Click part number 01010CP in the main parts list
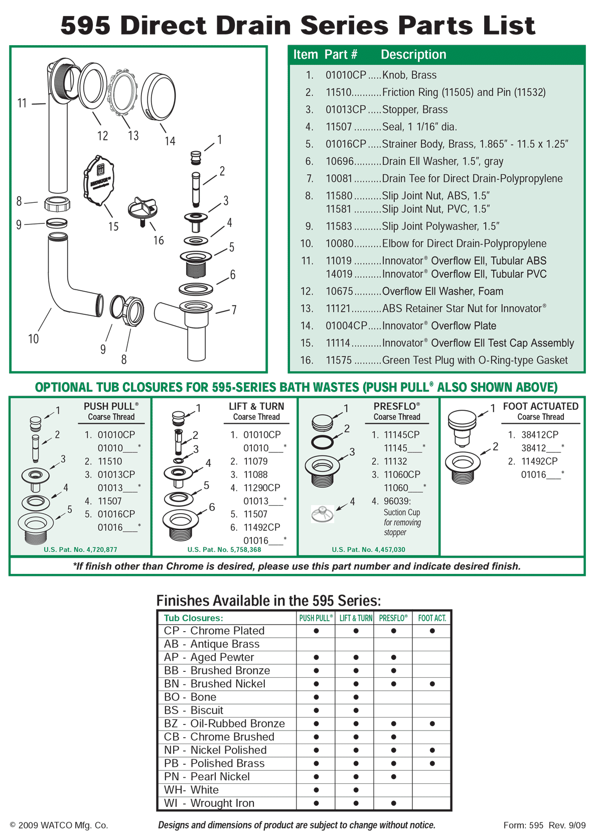[x=346, y=75]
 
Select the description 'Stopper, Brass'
[x=414, y=110]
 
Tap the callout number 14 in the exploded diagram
[x=170, y=141]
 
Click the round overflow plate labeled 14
[x=159, y=97]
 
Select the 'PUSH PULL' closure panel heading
[x=111, y=406]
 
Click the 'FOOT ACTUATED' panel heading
[x=540, y=406]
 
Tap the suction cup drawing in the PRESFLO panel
[x=323, y=514]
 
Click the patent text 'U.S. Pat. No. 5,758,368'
[x=224, y=549]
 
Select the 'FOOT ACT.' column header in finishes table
[x=432, y=618]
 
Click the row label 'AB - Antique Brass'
[x=211, y=644]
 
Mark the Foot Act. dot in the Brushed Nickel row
[x=432, y=684]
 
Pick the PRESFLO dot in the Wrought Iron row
[x=393, y=803]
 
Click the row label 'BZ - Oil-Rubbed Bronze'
[x=224, y=724]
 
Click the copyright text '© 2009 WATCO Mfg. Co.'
[x=59, y=825]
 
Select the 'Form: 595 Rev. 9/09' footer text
[x=544, y=825]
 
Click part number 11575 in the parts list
[x=339, y=361]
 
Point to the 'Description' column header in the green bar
[x=413, y=55]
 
